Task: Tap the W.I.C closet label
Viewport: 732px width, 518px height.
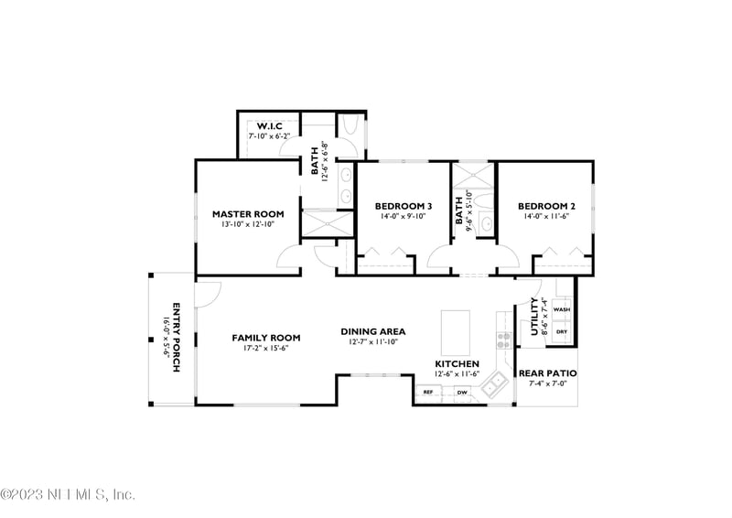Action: (268, 125)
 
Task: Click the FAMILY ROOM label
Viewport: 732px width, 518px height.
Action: (265, 337)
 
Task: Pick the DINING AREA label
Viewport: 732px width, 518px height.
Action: (373, 331)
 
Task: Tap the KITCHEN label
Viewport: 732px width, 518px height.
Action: (457, 363)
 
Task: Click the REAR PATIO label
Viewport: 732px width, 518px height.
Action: (547, 372)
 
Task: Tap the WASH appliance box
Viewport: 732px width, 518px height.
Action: (562, 309)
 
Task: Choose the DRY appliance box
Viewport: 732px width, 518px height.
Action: (562, 331)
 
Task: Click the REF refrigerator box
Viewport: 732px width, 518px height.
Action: (427, 393)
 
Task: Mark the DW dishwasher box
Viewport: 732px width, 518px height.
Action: (462, 393)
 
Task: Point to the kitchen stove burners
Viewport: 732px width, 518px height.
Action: (502, 340)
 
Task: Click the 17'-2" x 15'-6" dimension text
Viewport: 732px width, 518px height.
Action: (265, 348)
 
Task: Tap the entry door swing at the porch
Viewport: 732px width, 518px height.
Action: (207, 291)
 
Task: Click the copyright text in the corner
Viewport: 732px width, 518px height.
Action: (68, 494)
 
